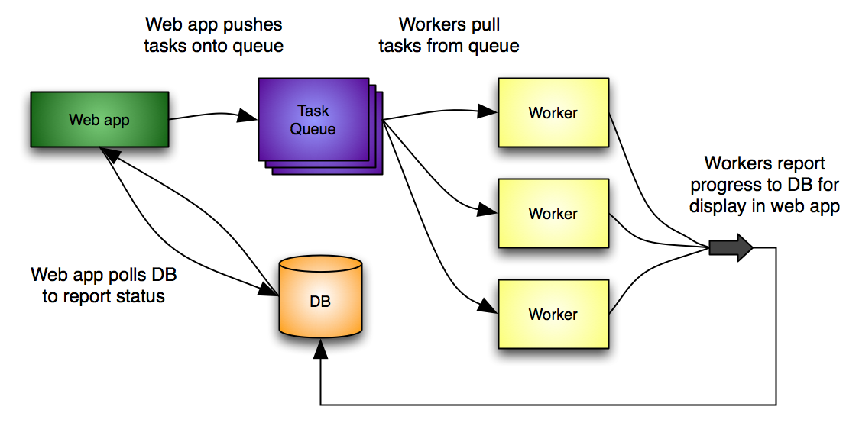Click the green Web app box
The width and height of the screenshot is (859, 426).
pos(99,119)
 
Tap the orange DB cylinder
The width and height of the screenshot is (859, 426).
pos(319,299)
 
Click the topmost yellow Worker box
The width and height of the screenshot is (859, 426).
pos(553,112)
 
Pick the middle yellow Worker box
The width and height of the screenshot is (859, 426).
pos(553,213)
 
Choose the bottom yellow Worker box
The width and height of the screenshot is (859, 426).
pos(553,314)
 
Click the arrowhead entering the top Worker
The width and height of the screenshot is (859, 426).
pos(488,111)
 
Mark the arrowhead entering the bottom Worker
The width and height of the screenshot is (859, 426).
pos(488,308)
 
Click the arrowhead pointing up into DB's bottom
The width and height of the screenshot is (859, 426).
pos(320,350)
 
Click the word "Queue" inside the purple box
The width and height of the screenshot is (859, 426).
pos(312,129)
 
